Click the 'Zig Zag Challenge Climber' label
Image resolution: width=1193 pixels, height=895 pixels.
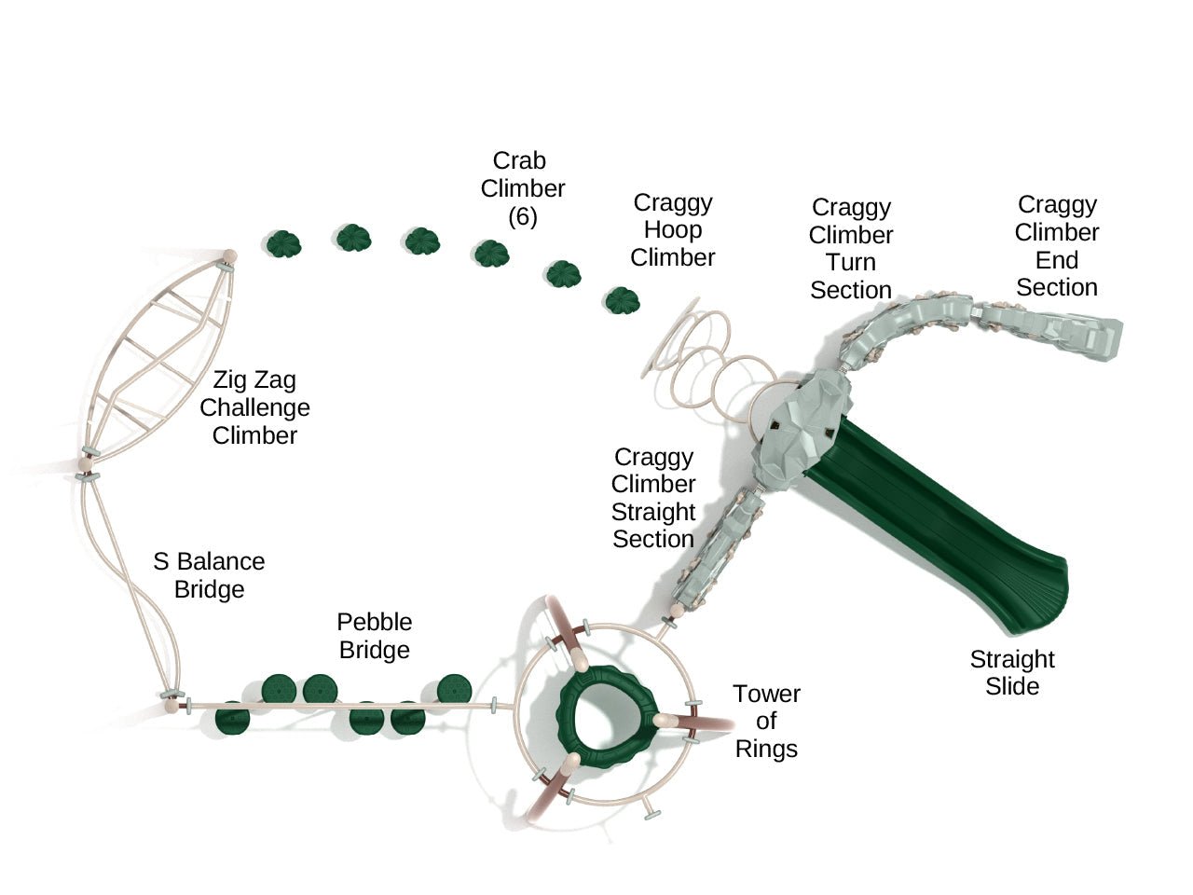254,407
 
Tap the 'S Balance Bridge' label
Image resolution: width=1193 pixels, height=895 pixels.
209,575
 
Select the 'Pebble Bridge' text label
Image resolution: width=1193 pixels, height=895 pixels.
374,636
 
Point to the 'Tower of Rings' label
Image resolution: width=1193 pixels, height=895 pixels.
766,721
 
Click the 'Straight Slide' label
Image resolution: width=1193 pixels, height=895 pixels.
1011,672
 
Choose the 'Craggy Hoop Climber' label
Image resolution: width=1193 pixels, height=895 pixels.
672,229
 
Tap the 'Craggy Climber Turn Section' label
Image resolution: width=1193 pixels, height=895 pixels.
850,249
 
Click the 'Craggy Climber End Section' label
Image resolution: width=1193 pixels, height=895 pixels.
1056,246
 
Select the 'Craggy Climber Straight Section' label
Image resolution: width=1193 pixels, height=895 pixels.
652,498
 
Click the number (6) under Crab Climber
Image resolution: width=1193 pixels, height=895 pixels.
522,216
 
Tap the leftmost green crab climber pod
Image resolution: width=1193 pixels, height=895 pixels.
283,244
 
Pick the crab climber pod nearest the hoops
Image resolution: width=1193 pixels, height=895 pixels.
622,300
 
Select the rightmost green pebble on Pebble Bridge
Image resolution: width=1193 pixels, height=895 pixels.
454,689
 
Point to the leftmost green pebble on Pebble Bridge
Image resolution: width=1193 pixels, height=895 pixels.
232,720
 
